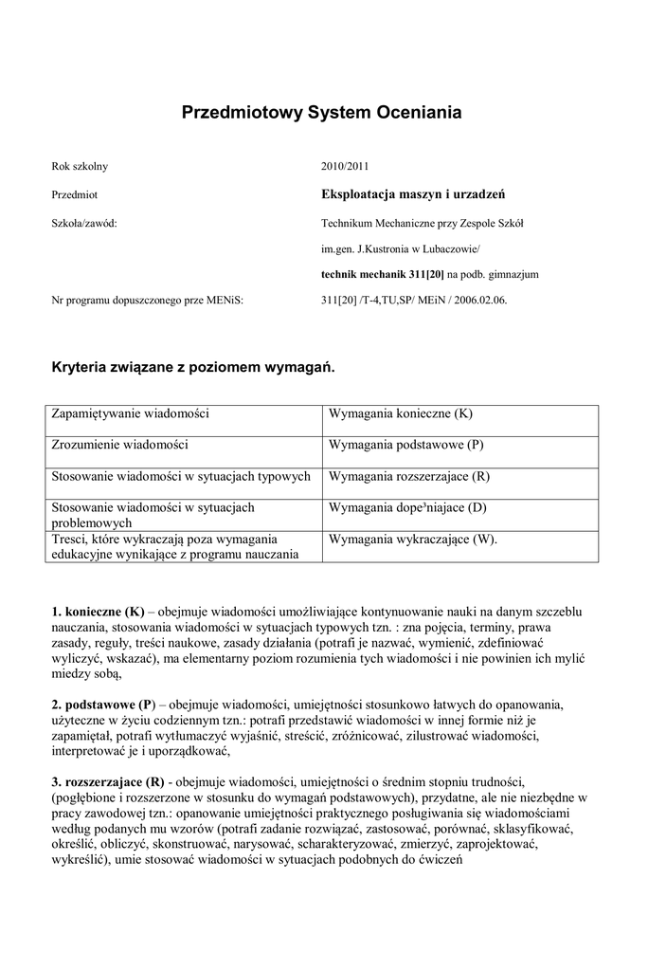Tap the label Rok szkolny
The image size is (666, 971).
click(x=80, y=166)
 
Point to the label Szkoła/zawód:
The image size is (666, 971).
click(x=83, y=224)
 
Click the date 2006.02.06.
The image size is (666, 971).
click(x=477, y=301)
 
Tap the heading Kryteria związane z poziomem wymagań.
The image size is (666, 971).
click(x=193, y=366)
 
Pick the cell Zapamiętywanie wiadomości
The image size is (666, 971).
click(x=131, y=414)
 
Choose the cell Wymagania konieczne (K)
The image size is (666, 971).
click(x=400, y=414)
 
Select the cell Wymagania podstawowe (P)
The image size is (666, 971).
click(x=406, y=444)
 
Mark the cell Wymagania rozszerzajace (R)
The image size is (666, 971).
click(x=409, y=476)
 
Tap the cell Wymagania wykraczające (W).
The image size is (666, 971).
click(x=412, y=539)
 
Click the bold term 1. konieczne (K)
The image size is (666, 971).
click(x=98, y=613)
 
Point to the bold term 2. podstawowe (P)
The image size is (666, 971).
click(x=102, y=705)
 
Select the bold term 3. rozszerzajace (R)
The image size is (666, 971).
click(x=108, y=781)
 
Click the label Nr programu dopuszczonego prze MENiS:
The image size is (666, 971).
click(x=147, y=301)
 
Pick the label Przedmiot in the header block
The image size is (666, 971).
click(x=75, y=194)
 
